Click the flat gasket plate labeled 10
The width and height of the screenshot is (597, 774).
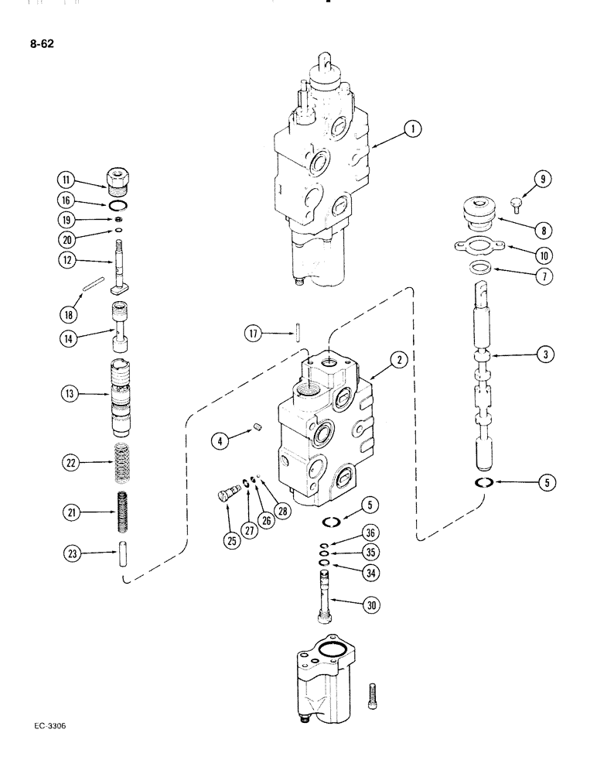[x=476, y=248]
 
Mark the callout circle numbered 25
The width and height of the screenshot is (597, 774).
[x=231, y=540]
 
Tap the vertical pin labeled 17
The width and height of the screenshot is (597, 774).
[x=297, y=334]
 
